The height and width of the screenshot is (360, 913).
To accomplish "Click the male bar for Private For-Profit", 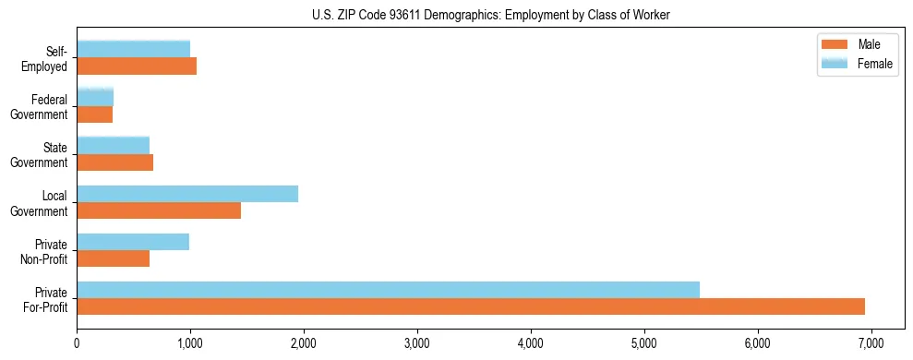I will (x=471, y=306).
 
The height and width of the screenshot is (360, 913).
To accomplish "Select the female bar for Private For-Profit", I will (x=388, y=289).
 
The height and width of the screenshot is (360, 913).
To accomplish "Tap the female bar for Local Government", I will (x=187, y=193).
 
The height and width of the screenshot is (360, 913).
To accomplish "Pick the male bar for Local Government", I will (x=159, y=210).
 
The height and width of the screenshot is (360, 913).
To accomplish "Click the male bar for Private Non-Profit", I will (x=113, y=258).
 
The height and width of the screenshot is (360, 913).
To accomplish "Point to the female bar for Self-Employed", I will (x=133, y=49).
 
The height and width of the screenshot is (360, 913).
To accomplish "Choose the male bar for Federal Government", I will (x=94, y=114).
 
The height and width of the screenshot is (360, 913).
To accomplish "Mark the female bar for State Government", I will (x=113, y=145).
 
